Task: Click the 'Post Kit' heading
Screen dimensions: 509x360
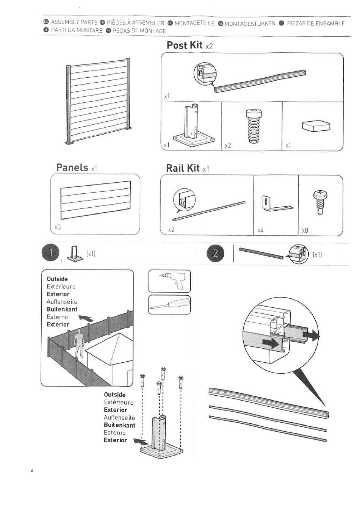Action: click(185, 45)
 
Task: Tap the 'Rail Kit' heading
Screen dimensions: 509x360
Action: click(183, 168)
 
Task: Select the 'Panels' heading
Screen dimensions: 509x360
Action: click(72, 167)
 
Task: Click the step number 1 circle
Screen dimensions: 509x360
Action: click(50, 253)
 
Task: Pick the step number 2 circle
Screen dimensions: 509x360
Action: click(216, 254)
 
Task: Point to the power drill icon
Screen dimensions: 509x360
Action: click(170, 281)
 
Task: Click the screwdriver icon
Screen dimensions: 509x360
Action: click(169, 305)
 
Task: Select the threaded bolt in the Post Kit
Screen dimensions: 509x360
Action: click(252, 126)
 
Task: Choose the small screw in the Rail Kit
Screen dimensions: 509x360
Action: click(320, 202)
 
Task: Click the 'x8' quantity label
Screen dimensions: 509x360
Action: click(305, 230)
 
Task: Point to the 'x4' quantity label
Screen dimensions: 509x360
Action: click(260, 230)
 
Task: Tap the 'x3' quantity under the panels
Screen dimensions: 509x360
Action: click(58, 227)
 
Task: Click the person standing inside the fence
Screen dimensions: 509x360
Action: click(79, 343)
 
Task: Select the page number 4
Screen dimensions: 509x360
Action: click(32, 471)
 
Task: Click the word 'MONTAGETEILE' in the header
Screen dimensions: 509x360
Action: click(194, 23)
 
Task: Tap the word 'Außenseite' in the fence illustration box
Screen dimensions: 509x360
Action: click(62, 302)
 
